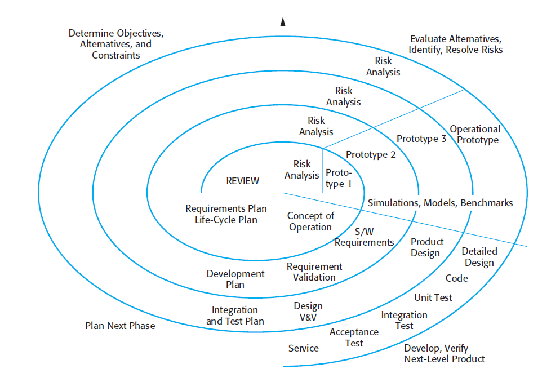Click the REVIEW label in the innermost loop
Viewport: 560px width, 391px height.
243,181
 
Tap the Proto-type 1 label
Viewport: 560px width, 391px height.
339,178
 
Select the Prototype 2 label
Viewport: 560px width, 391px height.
371,154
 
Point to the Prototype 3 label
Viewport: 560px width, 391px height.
421,139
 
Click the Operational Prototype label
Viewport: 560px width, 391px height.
474,135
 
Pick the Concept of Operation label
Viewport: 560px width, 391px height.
310,221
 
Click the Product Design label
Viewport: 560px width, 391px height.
426,247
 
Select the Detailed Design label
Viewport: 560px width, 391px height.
479,257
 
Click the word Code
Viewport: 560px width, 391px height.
456,278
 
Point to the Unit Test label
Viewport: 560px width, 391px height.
433,297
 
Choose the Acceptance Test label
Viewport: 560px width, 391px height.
354,337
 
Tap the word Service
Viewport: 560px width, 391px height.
304,348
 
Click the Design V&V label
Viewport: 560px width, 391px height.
308,312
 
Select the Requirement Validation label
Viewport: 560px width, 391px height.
314,272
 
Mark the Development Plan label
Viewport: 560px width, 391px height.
235,279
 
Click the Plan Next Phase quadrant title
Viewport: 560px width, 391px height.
120,326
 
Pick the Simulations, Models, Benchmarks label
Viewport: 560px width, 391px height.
441,203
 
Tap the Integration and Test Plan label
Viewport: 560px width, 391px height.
235,316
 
